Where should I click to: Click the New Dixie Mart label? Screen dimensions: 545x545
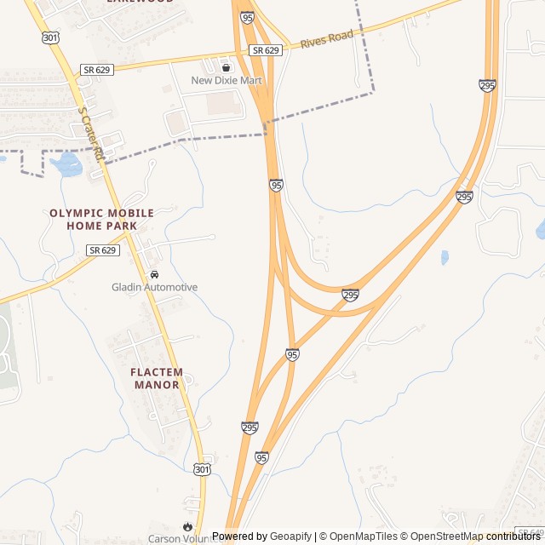226,81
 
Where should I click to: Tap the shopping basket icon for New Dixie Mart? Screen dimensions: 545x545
226,67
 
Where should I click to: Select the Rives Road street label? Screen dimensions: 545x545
326,39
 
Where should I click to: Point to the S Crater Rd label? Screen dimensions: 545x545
90,134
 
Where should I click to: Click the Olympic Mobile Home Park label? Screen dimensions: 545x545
101,219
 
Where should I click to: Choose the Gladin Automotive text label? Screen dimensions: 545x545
154,288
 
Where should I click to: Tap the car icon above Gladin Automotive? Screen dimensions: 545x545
154,275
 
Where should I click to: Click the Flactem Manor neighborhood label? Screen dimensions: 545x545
157,378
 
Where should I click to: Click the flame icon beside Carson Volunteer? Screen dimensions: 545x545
187,526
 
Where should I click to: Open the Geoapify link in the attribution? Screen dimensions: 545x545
290,536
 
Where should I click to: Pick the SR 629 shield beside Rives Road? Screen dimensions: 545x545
266,51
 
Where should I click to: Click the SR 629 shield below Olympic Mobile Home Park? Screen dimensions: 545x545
101,250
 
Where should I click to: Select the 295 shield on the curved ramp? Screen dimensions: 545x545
350,295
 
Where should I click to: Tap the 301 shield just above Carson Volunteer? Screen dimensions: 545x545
200,469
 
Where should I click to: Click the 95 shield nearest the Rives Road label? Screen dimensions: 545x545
247,17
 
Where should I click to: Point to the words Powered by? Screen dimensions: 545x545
239,536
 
